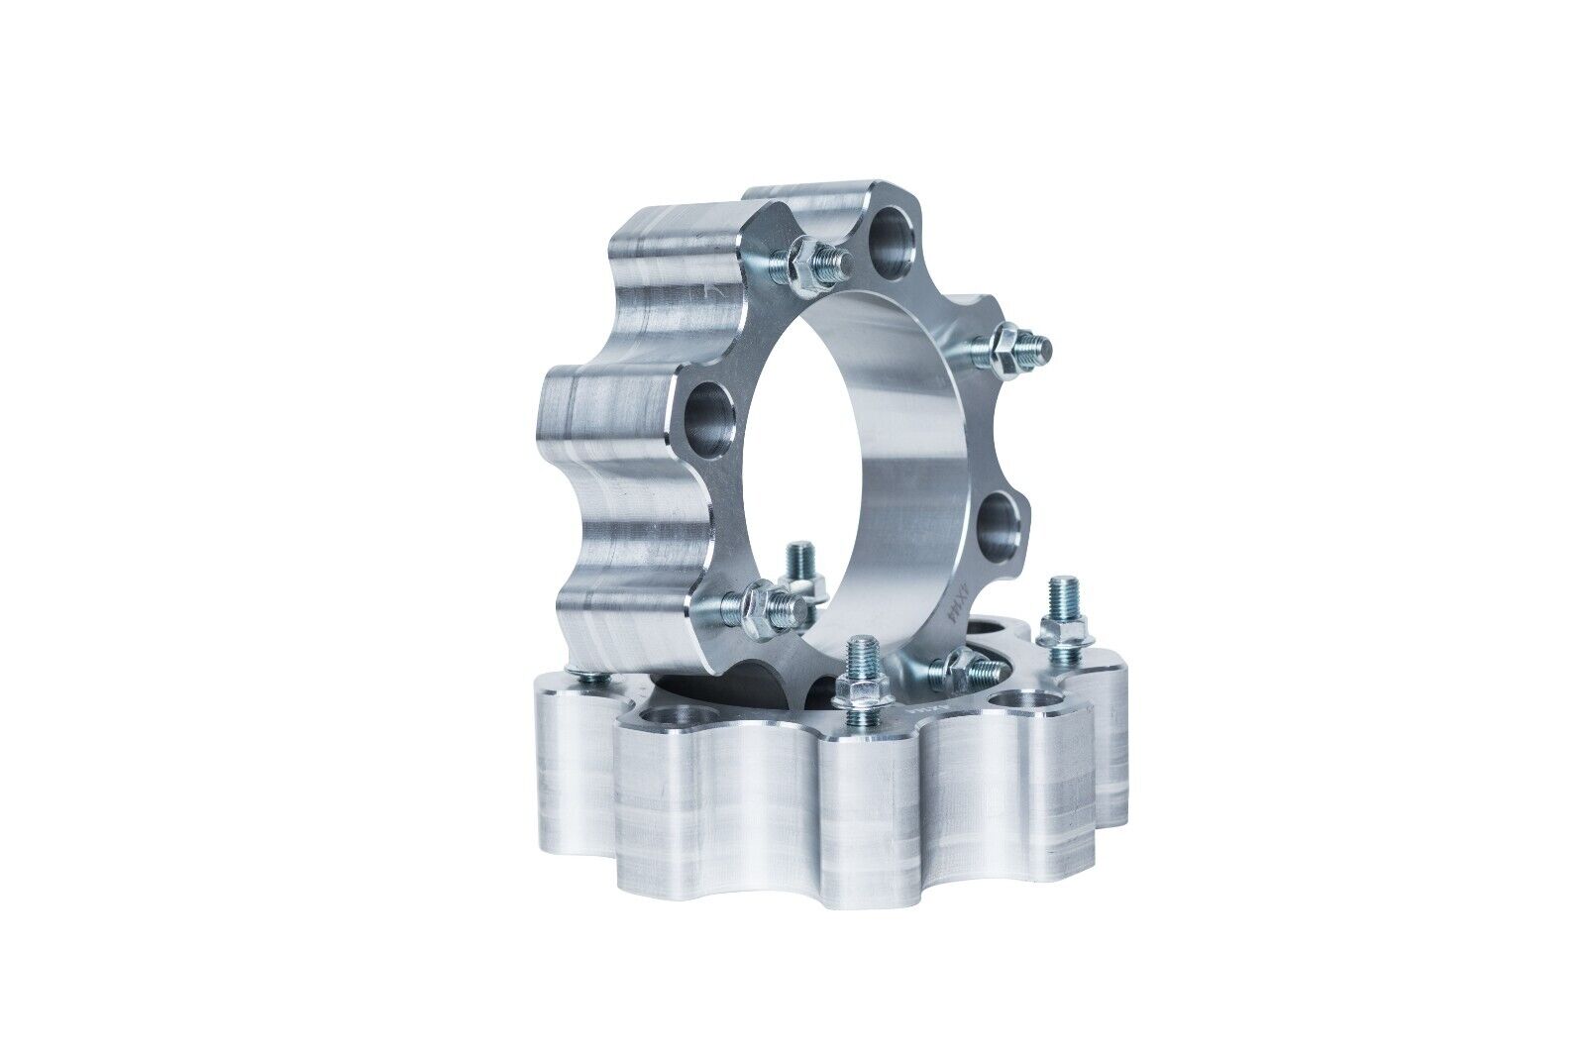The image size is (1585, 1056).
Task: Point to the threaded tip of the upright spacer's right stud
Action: (1041, 345)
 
